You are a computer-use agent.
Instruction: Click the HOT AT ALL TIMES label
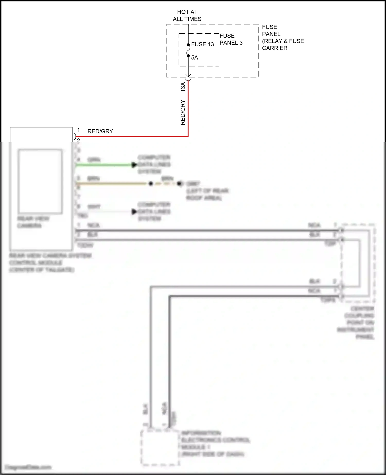coord(187,15)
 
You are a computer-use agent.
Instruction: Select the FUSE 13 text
coord(203,45)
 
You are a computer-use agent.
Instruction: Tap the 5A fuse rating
coord(195,58)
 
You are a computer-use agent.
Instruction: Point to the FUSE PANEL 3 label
coord(231,39)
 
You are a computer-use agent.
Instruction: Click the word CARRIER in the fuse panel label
coord(275,48)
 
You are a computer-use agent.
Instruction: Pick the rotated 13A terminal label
coord(183,87)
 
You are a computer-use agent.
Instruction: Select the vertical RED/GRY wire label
coord(183,112)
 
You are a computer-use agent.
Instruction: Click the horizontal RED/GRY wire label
coord(100,131)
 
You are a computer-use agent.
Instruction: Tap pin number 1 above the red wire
coord(78,130)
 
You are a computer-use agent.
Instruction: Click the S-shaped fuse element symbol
coord(188,50)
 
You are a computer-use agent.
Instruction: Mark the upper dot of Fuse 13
coord(188,45)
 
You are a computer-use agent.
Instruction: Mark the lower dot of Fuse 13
coord(188,56)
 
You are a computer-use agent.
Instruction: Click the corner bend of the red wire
coord(188,136)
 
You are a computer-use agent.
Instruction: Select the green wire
coord(103,165)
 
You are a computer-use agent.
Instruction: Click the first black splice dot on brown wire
coord(151,184)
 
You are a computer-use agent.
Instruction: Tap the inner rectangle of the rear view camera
coord(40,181)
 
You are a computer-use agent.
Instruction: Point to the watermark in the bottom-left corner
coord(28,467)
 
